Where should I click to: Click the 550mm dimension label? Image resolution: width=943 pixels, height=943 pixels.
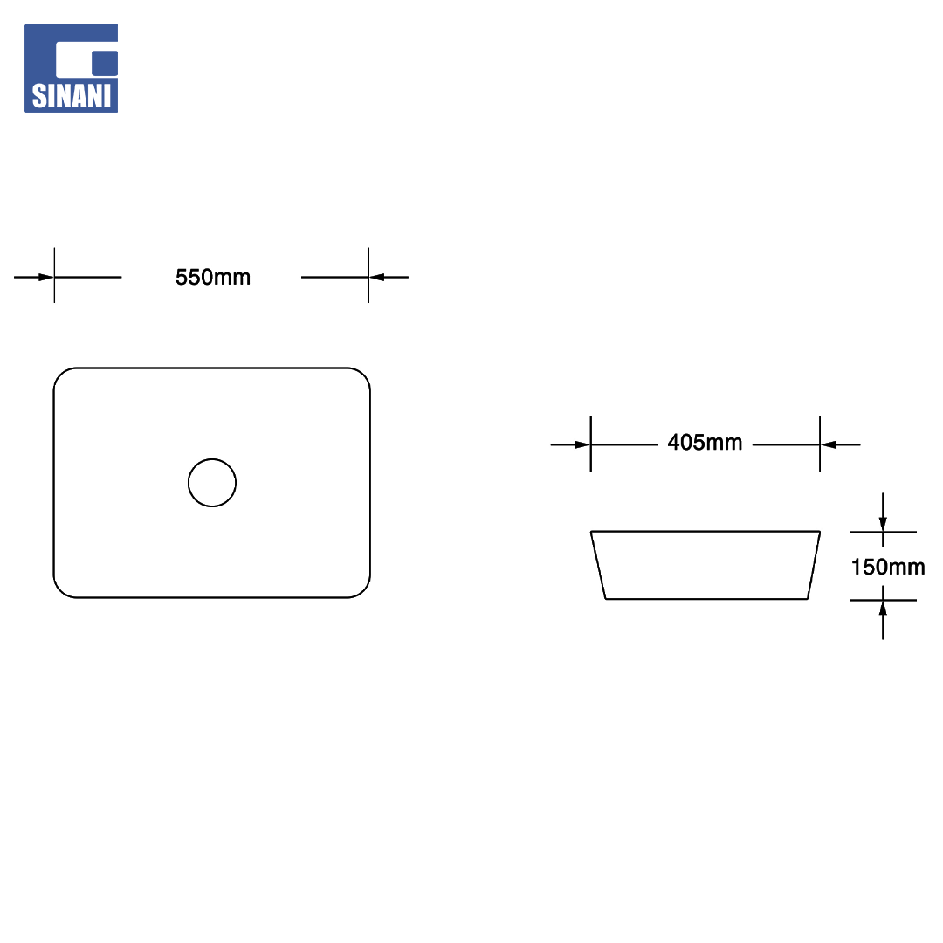coord(213,278)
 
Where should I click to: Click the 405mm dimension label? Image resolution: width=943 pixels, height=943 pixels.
coord(705,443)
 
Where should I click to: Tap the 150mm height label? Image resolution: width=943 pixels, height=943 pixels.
coord(888,567)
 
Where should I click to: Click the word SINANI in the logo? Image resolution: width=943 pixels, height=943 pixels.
coord(72,96)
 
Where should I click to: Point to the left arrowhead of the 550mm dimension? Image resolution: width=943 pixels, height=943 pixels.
coord(46,278)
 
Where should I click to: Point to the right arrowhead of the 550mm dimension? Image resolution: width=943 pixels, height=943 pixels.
coord(376,278)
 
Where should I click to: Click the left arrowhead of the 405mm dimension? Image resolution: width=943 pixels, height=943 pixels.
coord(582,445)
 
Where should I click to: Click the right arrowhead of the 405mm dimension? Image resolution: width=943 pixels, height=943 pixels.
coord(828,445)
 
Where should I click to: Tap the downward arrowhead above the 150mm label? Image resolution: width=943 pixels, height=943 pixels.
coord(883,523)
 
